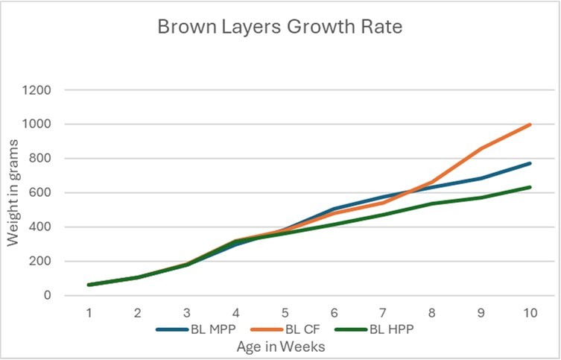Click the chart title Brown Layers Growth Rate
click(280, 28)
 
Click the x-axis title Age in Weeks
click(280, 347)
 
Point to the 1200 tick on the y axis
click(37, 90)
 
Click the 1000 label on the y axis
click(37, 124)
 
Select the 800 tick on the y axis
click(41, 159)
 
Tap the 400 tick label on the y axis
click(41, 227)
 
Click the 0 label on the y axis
click(47, 296)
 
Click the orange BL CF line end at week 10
click(530, 124)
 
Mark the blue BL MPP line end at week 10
click(530, 163)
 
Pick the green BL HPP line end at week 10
click(530, 187)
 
